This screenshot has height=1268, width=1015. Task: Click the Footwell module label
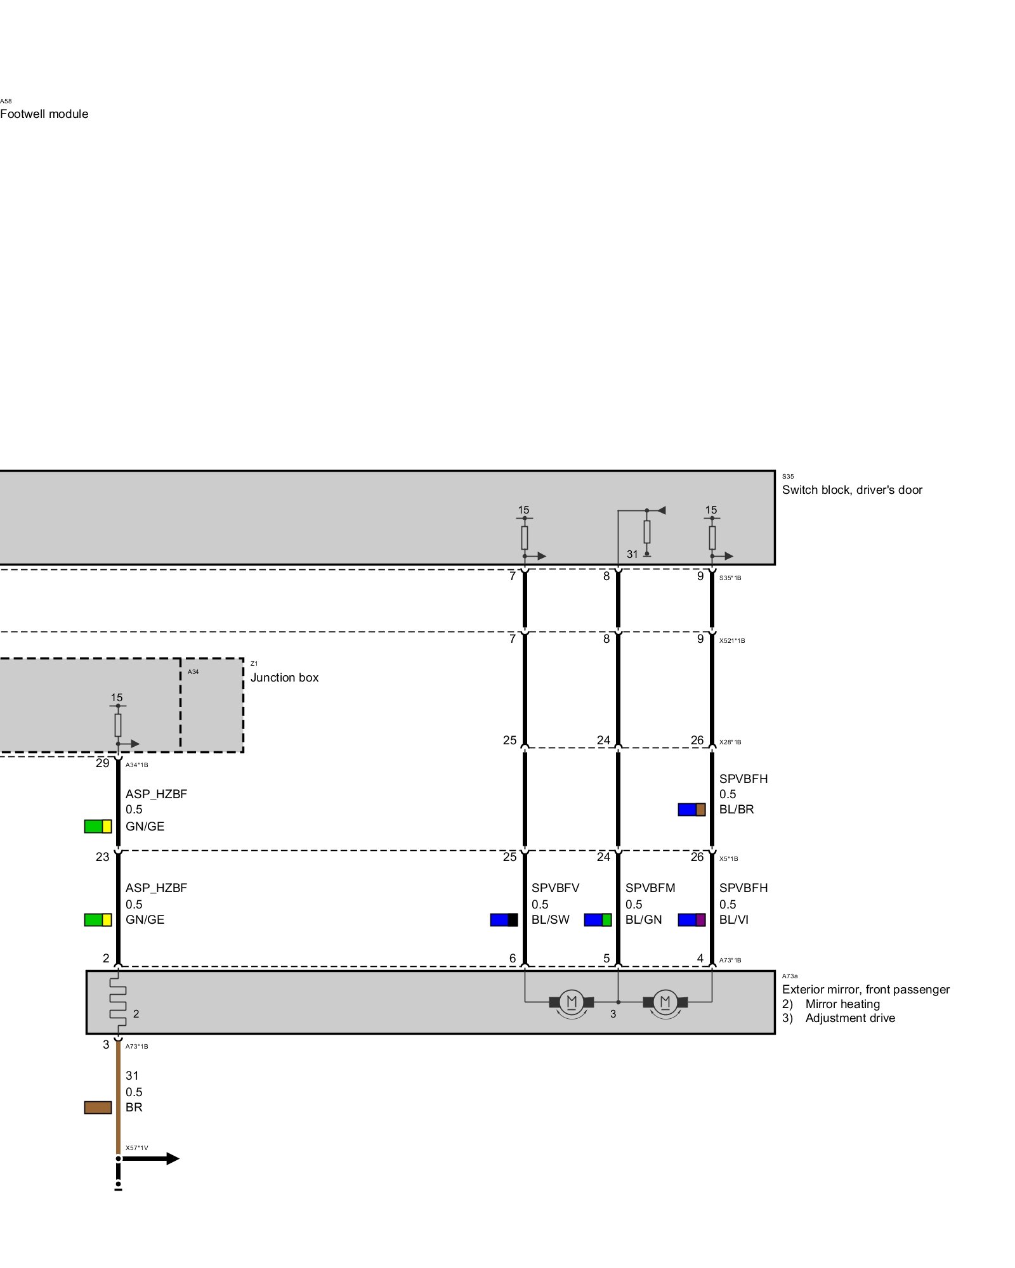tap(44, 114)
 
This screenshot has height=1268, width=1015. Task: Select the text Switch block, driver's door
tap(852, 490)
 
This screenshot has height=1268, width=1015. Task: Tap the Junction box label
tap(284, 678)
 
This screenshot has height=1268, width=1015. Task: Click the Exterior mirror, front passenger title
tap(865, 990)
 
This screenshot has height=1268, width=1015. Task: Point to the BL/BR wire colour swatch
tap(691, 810)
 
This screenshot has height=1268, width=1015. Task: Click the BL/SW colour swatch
tap(504, 920)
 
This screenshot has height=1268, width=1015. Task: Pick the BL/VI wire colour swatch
tap(691, 920)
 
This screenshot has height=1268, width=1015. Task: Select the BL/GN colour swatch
tap(598, 920)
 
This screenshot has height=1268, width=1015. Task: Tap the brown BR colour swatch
tap(98, 1108)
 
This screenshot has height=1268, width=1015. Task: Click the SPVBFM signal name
tap(650, 888)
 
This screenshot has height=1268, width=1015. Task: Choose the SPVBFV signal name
tap(555, 888)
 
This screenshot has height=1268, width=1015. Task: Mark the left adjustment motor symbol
tap(572, 1002)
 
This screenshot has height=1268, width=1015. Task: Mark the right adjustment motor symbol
tap(665, 1002)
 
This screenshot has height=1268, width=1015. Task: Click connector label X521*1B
tap(732, 641)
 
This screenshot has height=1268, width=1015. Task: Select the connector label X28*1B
tap(730, 742)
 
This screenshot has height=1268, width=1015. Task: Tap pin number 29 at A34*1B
tap(103, 763)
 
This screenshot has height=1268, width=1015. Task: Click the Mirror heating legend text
tap(842, 1004)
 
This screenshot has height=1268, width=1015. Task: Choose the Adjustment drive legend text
tap(850, 1018)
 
